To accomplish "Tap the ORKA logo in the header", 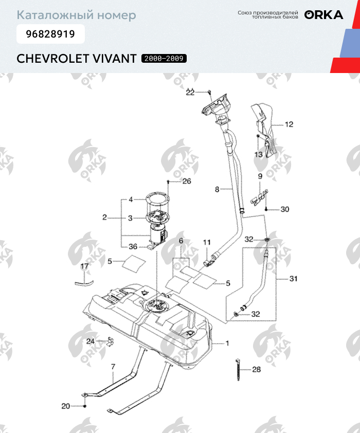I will pyautogui.click(x=323, y=15).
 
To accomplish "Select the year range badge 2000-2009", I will pyautogui.click(x=164, y=59).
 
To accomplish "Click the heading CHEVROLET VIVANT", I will pyautogui.click(x=77, y=58).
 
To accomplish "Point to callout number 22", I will pyautogui.click(x=190, y=93).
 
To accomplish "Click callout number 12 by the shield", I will pyautogui.click(x=289, y=124).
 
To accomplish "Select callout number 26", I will pyautogui.click(x=186, y=181).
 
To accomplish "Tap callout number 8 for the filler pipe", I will pyautogui.click(x=217, y=189).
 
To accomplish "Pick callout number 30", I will pyautogui.click(x=285, y=209).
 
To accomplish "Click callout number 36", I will pyautogui.click(x=133, y=246).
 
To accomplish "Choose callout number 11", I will pyautogui.click(x=207, y=242).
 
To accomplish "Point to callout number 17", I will pyautogui.click(x=84, y=266).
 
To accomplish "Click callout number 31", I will pyautogui.click(x=293, y=279).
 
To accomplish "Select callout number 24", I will pyautogui.click(x=90, y=341).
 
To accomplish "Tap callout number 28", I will pyautogui.click(x=256, y=370).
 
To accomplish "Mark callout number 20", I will pyautogui.click(x=65, y=406).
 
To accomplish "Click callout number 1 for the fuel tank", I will pyautogui.click(x=227, y=343).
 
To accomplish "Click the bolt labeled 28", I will pyautogui.click(x=239, y=369).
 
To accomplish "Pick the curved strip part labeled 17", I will pyautogui.click(x=84, y=281).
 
